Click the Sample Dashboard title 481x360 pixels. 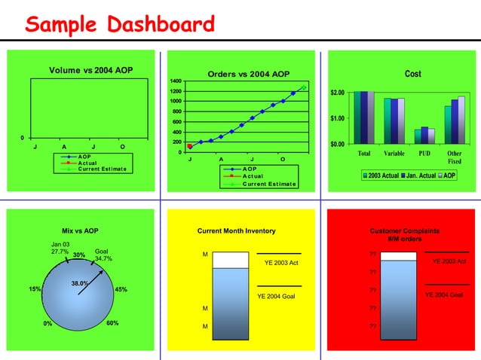tap(120, 25)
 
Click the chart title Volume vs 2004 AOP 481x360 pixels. tap(90, 71)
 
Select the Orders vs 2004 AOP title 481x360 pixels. tap(247, 74)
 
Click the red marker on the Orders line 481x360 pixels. tap(189, 146)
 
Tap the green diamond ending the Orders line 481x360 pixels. tap(303, 88)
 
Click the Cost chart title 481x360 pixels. tap(412, 74)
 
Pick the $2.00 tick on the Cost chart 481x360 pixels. tap(337, 93)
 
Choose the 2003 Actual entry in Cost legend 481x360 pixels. tap(382, 175)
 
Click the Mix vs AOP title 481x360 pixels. tap(80, 230)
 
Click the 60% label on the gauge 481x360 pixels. tap(112, 323)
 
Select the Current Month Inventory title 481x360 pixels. tap(236, 230)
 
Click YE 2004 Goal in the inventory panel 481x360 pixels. tap(277, 296)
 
